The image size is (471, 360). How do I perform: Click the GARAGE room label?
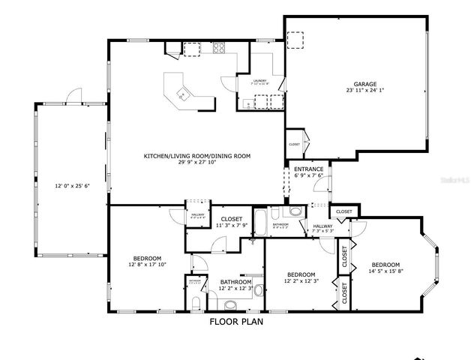coord(365,84)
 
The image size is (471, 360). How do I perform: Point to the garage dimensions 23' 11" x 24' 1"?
coord(365,91)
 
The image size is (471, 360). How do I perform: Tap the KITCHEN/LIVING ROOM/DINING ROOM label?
coord(197,156)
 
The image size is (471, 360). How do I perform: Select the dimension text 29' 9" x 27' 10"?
coord(197,163)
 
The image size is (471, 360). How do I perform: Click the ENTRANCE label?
coord(308,169)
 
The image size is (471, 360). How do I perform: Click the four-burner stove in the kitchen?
coord(220,49)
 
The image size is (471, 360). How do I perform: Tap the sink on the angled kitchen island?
coord(182,94)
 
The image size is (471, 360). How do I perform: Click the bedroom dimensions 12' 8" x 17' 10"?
coord(146,264)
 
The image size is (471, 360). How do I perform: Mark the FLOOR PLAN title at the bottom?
coord(235,322)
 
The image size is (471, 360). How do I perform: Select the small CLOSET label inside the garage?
coord(294,144)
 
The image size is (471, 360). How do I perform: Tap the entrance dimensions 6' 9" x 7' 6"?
coord(308,176)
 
